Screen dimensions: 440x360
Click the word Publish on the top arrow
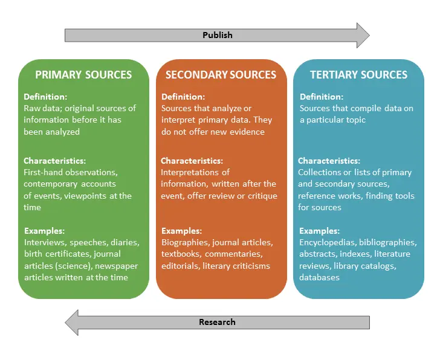218,35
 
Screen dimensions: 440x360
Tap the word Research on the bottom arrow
217,322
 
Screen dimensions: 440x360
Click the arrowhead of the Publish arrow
363,35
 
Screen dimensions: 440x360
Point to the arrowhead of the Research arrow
71,323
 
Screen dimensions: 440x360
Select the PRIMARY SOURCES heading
83,74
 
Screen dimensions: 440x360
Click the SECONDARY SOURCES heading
221,74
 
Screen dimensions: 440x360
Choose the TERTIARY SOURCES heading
358,74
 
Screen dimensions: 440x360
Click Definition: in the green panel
45,97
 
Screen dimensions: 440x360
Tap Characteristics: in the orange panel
192,161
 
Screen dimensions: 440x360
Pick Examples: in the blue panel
319,231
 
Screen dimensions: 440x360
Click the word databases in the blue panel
319,277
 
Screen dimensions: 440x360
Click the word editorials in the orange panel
181,266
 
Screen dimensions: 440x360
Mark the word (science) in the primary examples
74,266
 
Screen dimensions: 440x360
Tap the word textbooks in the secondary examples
181,254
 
